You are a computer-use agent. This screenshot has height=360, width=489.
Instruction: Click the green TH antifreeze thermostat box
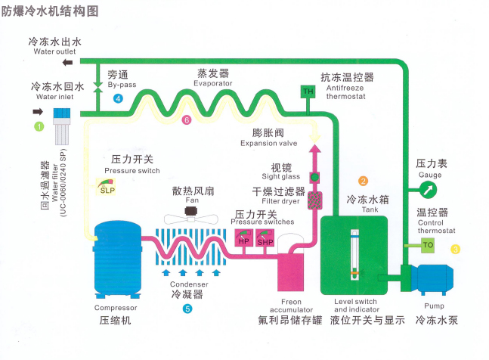(x=308, y=92)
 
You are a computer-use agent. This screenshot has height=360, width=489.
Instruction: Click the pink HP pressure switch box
(x=243, y=241)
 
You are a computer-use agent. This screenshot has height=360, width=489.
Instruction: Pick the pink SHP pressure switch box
(x=265, y=241)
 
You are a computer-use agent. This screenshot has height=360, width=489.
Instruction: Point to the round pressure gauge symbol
(x=429, y=188)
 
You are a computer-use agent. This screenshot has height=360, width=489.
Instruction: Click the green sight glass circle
(x=315, y=177)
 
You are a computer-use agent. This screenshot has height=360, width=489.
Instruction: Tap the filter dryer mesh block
(x=315, y=200)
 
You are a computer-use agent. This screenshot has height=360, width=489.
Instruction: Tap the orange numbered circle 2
(x=364, y=182)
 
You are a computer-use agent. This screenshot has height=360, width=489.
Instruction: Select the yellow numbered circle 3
(x=456, y=249)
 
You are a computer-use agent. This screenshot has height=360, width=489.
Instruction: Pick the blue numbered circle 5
(x=187, y=309)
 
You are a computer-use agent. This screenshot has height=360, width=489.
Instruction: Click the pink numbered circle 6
(x=187, y=120)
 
